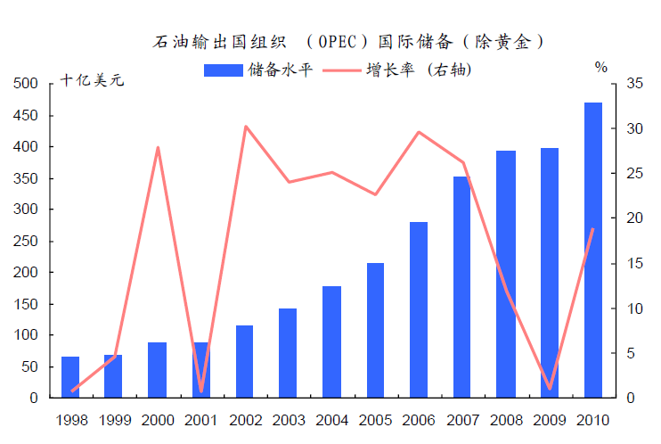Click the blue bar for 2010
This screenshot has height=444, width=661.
(x=593, y=250)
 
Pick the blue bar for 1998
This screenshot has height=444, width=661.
(x=70, y=377)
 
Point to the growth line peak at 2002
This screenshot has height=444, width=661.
(x=246, y=127)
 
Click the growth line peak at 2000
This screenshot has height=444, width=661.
(x=158, y=147)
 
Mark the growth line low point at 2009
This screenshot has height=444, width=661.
(x=550, y=389)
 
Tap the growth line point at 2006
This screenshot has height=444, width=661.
(x=419, y=132)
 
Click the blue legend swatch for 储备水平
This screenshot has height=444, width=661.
(x=223, y=70)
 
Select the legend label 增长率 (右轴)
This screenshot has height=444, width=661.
(x=419, y=70)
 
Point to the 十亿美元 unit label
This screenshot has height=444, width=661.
(x=93, y=79)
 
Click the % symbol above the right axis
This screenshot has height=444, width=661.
(x=601, y=67)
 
